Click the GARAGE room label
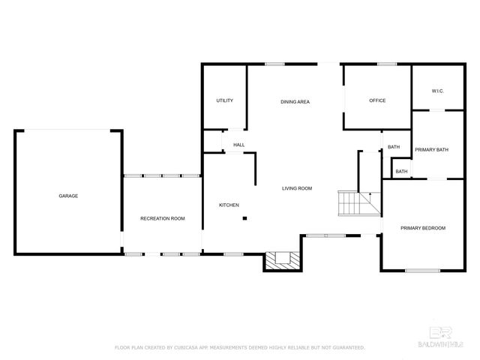68,196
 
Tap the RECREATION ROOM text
162,218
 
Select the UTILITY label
224,100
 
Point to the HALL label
238,145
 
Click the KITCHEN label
229,205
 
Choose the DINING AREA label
295,102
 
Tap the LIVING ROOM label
297,188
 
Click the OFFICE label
376,100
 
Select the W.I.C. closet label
438,91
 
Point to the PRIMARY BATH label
431,150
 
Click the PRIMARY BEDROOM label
422,228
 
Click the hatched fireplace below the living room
283,260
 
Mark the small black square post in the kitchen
244,219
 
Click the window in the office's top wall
387,64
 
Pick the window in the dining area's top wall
274,64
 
